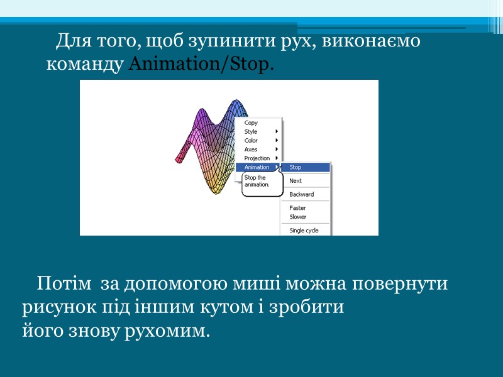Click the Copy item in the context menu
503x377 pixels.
(251, 123)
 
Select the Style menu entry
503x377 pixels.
(251, 132)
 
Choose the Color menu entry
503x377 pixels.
(251, 141)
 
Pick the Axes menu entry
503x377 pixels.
(251, 150)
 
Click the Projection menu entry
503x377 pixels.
(257, 158)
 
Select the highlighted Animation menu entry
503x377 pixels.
(257, 167)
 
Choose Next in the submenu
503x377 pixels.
(296, 181)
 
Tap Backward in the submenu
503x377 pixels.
(301, 195)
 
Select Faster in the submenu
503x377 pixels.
(297, 208)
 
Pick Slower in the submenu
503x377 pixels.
(298, 217)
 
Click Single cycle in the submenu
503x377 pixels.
(304, 231)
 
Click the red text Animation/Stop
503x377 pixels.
(201, 65)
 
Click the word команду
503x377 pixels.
(86, 65)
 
